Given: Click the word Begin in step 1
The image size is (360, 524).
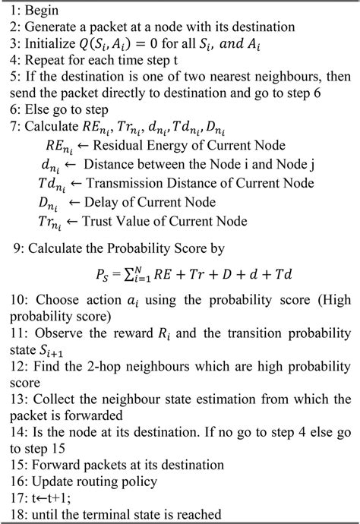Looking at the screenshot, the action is [39, 10].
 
